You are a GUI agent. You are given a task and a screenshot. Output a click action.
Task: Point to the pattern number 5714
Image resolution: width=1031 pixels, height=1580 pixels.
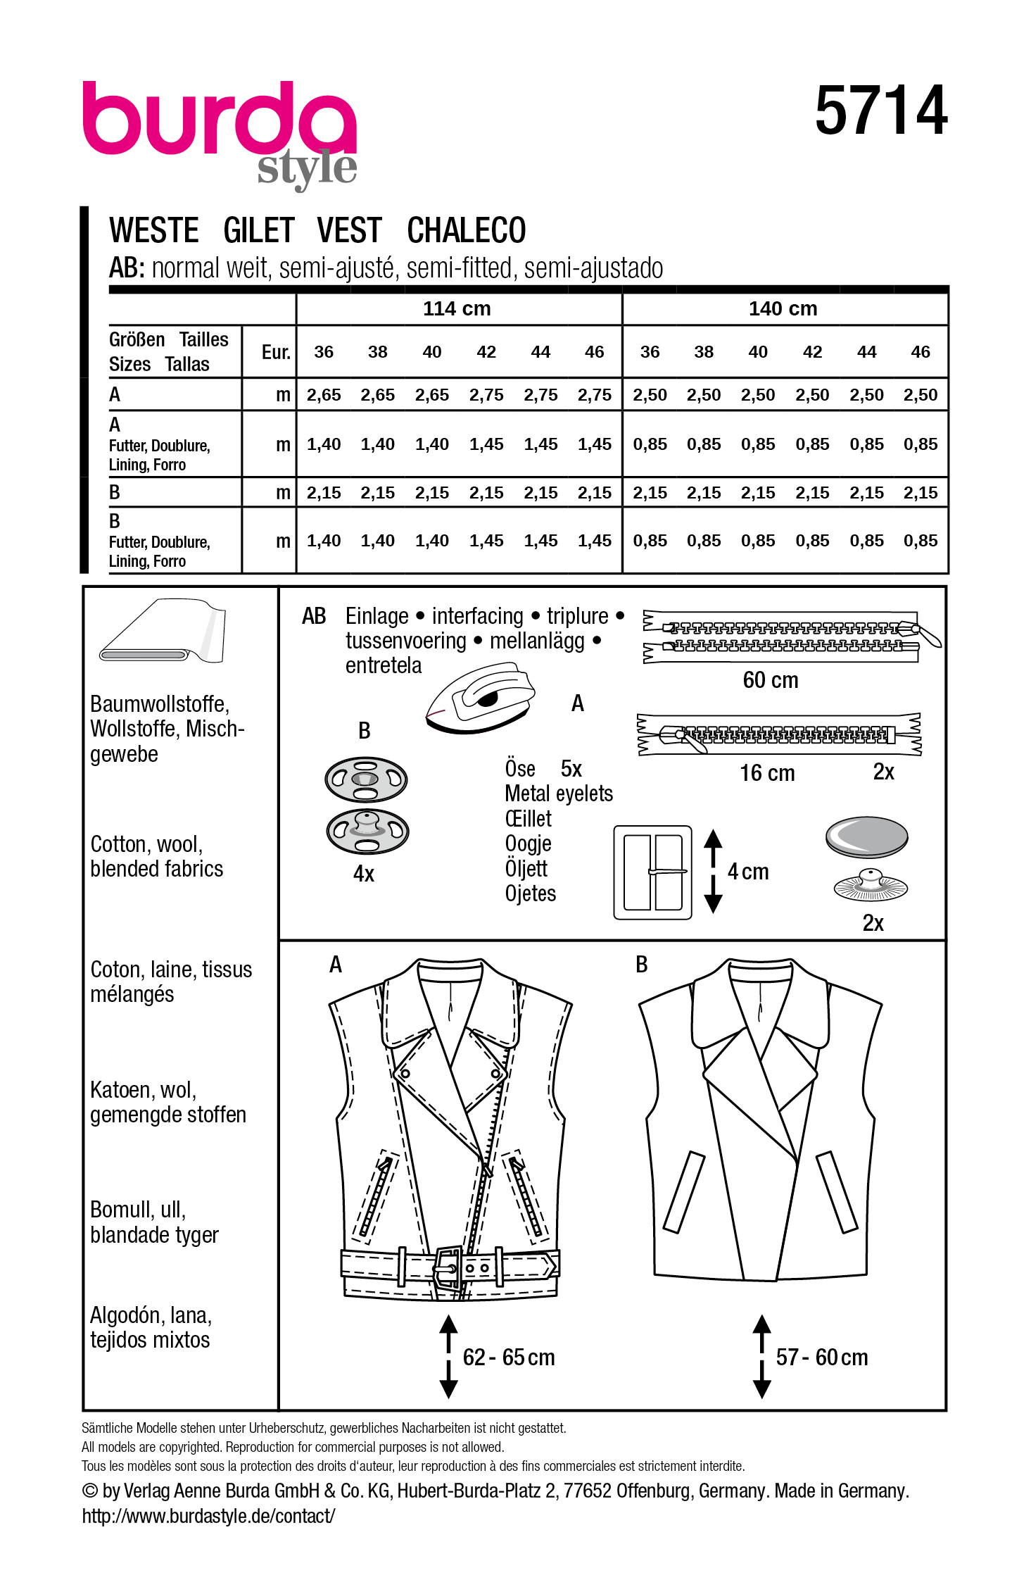coord(881,111)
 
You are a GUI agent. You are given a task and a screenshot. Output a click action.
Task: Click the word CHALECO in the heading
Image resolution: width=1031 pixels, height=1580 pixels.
coord(466,231)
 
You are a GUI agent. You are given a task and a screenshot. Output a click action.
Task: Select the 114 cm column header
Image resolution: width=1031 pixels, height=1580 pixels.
coord(457,308)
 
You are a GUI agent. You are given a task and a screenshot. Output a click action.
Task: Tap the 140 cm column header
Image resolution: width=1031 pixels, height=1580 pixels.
coord(783,308)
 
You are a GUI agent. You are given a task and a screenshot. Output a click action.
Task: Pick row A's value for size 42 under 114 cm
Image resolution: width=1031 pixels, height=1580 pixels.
coord(486,395)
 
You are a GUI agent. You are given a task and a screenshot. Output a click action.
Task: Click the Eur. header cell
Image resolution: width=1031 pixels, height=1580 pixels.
coord(276,352)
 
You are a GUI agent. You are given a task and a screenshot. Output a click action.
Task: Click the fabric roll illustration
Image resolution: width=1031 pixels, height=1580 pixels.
coord(163,632)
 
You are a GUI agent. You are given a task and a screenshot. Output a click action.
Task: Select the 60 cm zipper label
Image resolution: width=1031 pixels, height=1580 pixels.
coord(771,680)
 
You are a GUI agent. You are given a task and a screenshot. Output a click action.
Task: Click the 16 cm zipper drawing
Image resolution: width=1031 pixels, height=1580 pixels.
coord(778,734)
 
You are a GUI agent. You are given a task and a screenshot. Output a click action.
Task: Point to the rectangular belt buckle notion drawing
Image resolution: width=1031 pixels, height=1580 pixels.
coord(652,872)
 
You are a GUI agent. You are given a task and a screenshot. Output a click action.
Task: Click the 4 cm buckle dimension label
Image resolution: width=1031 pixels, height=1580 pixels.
coord(748,872)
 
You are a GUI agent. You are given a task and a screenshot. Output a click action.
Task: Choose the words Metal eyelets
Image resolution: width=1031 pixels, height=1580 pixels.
coord(559,794)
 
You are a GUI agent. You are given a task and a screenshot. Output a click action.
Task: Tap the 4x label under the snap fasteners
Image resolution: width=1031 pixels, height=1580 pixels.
coord(364,874)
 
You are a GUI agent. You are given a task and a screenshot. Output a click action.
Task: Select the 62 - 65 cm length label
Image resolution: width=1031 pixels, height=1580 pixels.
coord(509,1357)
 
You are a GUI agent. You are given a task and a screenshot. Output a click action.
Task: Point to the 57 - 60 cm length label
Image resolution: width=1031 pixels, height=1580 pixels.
coord(822,1357)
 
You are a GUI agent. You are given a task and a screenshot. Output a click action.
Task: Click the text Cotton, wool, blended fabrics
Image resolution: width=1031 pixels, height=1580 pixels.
coord(156,856)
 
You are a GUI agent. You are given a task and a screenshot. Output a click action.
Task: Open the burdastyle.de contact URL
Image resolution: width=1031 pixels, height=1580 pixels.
coord(208,1516)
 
